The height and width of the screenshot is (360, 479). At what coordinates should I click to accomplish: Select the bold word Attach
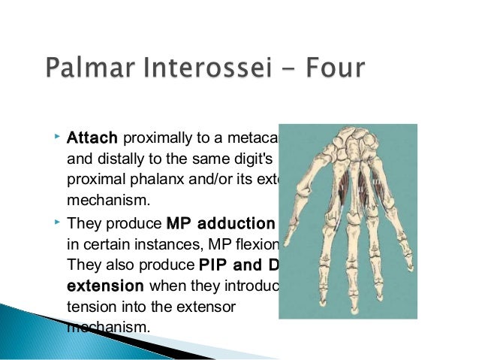[x=92, y=139]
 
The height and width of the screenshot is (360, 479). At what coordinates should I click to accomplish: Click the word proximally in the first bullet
[x=151, y=139]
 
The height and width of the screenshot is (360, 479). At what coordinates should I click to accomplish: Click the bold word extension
[x=106, y=286]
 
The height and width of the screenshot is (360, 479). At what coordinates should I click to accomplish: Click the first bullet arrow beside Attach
[x=58, y=138]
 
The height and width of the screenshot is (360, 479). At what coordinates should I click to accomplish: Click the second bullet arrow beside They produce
[x=58, y=222]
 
